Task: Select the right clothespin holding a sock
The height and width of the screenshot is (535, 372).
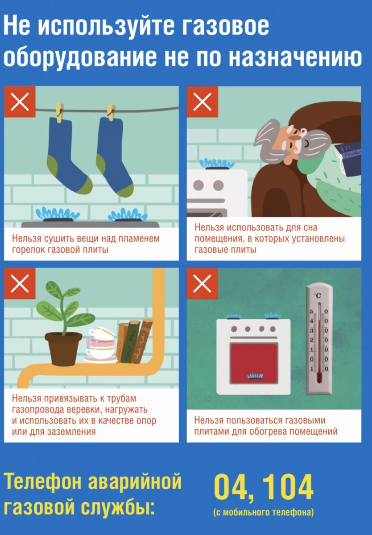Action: pyautogui.click(x=111, y=111)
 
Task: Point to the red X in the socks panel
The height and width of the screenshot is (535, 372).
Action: pyautogui.click(x=20, y=102)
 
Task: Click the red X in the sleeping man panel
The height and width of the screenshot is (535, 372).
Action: pyautogui.click(x=203, y=102)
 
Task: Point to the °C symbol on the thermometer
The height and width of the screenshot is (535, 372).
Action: pyautogui.click(x=318, y=296)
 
